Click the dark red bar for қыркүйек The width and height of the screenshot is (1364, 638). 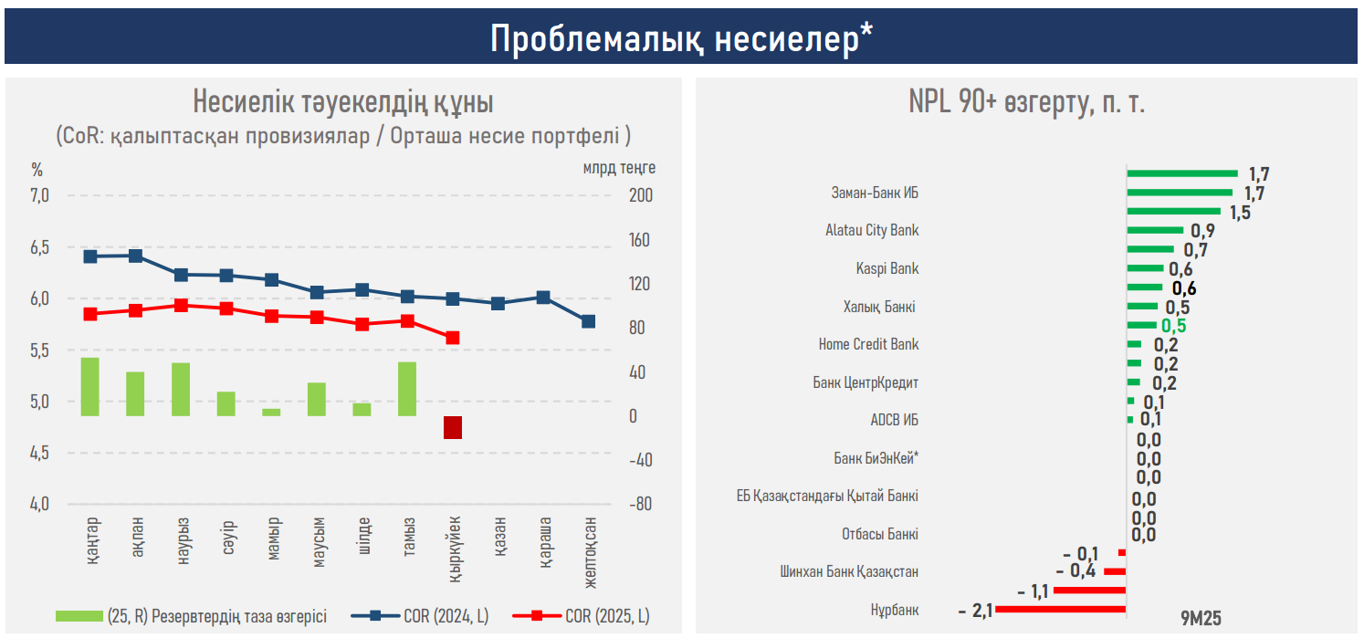click(453, 427)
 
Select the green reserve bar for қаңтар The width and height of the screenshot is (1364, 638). click(90, 387)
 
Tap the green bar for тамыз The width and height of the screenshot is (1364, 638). click(407, 389)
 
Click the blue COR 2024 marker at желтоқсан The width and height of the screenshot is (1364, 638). click(588, 321)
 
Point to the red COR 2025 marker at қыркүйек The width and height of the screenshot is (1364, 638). click(453, 338)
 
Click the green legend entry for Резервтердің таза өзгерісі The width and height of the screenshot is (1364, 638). click(191, 616)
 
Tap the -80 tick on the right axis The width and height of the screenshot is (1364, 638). click(642, 504)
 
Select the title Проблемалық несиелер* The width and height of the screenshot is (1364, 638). click(681, 38)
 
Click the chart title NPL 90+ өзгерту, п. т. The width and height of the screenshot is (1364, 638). click(1026, 102)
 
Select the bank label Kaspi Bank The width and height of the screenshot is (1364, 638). click(887, 269)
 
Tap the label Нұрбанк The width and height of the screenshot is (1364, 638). click(896, 610)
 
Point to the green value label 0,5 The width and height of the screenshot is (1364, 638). click(1173, 326)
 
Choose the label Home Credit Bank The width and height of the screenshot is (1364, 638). click(868, 345)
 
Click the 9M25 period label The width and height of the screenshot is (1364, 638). click(1200, 617)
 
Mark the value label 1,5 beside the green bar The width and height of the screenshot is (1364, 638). click(1239, 212)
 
